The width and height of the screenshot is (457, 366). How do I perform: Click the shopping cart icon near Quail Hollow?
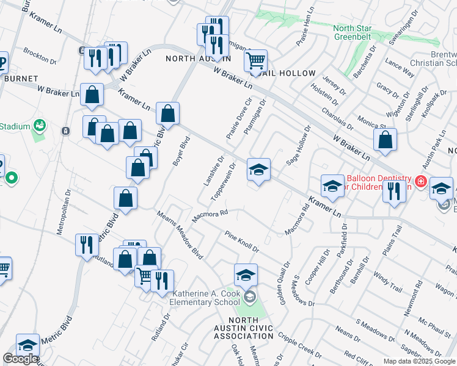click(x=255, y=60)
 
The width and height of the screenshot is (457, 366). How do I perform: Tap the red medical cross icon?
click(x=420, y=181)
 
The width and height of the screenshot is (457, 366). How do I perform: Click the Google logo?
click(x=20, y=359)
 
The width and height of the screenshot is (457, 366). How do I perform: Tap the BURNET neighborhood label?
click(x=21, y=79)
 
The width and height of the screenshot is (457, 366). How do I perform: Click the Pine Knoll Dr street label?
click(x=242, y=242)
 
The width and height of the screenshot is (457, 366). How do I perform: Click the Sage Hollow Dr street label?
click(x=299, y=146)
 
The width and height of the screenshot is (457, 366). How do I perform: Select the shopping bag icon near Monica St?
click(x=386, y=140)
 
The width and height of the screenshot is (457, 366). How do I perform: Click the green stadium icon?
click(x=40, y=126)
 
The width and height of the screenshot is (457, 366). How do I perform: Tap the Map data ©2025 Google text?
click(x=419, y=361)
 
